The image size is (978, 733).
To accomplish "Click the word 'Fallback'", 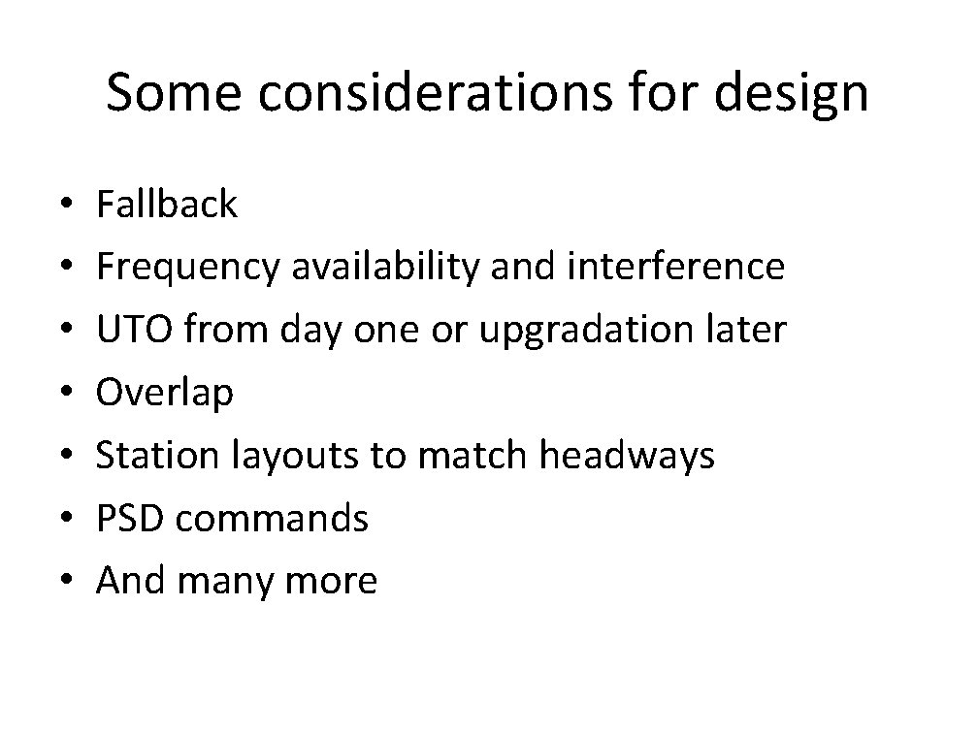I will pos(167,205).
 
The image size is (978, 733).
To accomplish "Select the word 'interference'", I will pos(678,267).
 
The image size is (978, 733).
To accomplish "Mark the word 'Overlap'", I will pos(165,394).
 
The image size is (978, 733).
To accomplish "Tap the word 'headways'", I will pos(626,457).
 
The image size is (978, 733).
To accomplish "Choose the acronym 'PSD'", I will pos(131,518).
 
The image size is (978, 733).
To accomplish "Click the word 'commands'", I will pos(272,518).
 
